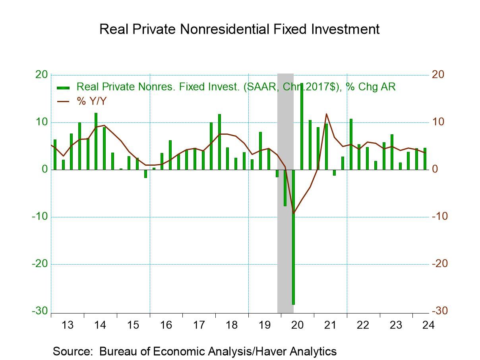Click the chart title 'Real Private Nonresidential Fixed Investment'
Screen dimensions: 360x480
coord(239,29)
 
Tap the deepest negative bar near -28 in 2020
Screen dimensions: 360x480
coord(294,238)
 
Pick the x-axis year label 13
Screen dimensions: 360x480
coord(68,325)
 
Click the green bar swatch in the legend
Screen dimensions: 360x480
coord(64,87)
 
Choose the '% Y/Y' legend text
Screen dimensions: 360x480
coord(92,101)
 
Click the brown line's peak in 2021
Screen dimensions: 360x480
coord(326,114)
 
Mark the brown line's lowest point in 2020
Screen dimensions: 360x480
coord(294,213)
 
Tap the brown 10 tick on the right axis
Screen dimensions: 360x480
coord(439,122)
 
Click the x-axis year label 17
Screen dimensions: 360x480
coord(199,325)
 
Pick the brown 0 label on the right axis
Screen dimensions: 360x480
coord(436,169)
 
